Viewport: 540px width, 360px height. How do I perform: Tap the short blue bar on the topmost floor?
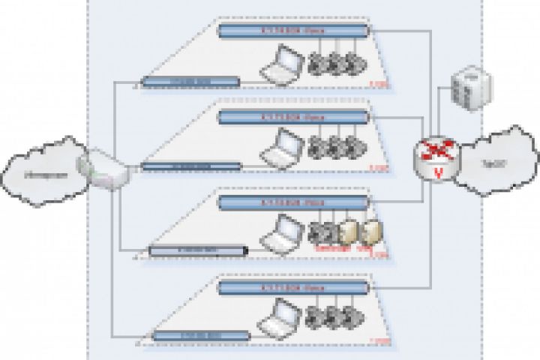190,81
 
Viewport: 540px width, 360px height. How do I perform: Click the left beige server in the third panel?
346,232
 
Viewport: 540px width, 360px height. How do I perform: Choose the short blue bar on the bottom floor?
190,335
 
